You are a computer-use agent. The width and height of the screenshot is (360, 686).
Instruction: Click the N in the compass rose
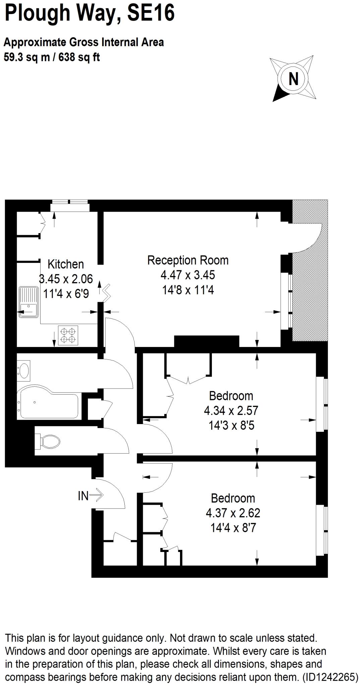[x=293, y=79]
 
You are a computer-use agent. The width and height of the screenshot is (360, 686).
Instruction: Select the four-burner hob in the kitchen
[x=68, y=335]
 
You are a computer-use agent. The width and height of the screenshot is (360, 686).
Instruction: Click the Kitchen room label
[x=66, y=264]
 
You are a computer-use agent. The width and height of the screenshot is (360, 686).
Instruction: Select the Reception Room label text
[x=188, y=260]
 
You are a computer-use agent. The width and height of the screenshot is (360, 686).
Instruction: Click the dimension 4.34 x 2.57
[x=231, y=410]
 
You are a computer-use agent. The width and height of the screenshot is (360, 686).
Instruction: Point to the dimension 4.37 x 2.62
[x=233, y=513]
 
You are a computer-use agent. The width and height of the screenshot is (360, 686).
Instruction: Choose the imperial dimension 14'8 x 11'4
[x=188, y=290]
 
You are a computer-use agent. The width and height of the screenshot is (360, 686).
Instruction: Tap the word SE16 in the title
[x=152, y=13]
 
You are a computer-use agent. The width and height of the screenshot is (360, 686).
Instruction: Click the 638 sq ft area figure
[x=79, y=57]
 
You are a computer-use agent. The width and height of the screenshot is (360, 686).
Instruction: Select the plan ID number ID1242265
[x=330, y=677]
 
